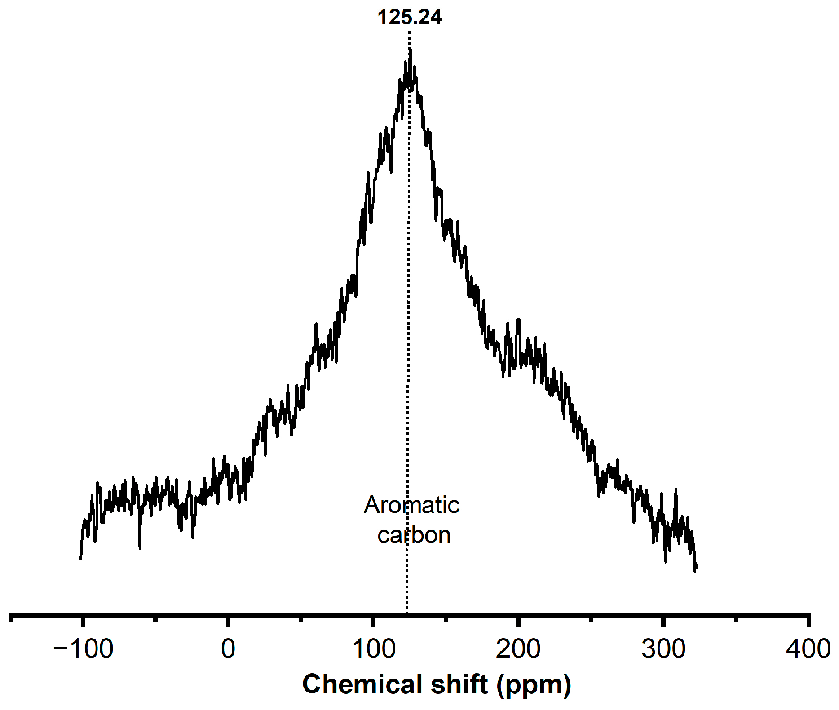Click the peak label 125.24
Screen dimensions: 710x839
tap(410, 17)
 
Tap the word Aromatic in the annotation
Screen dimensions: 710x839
tap(411, 505)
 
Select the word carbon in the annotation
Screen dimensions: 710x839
tap(414, 535)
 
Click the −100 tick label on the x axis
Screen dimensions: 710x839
tap(83, 649)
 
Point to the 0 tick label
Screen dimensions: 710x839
tap(228, 649)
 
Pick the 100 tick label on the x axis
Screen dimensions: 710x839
tap(373, 649)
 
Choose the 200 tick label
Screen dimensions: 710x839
tap(518, 649)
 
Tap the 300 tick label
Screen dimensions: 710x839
tap(663, 649)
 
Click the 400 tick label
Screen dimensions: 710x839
tap(808, 649)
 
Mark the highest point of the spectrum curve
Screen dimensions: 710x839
tap(410, 49)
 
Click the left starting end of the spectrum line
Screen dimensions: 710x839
tap(81, 558)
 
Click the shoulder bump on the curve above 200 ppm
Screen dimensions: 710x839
tap(519, 320)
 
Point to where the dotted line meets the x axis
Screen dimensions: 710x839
tap(407, 613)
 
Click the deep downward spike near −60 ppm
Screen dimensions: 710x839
tap(140, 548)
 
